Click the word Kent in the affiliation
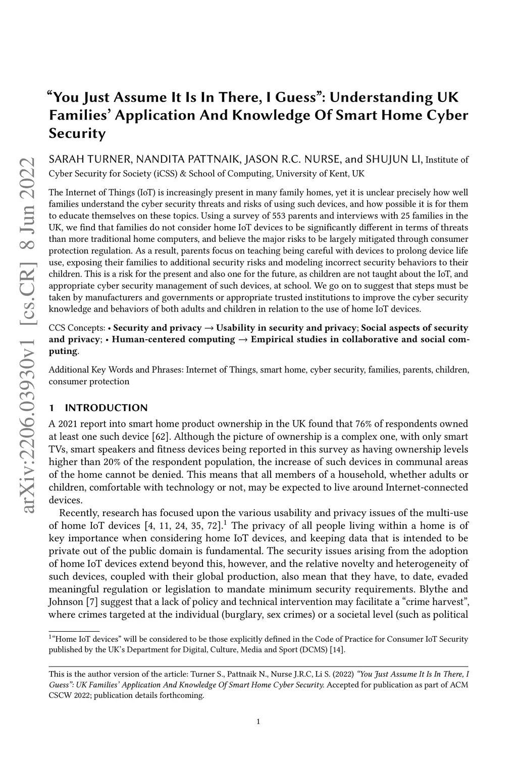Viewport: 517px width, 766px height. pyautogui.click(x=341, y=174)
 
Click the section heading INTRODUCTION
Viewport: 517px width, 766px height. pyautogui.click(x=107, y=408)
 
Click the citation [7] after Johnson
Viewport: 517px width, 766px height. pyautogui.click(x=90, y=602)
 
